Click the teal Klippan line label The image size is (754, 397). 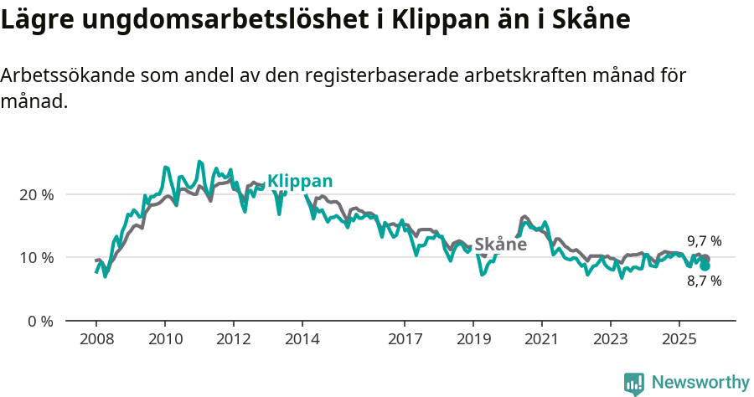pyautogui.click(x=300, y=181)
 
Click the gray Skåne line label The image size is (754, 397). pyautogui.click(x=500, y=245)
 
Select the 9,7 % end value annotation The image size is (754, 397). pyautogui.click(x=704, y=241)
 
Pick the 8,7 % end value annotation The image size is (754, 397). pyautogui.click(x=704, y=281)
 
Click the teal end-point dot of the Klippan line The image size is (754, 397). pyautogui.click(x=705, y=266)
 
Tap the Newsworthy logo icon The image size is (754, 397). pyautogui.click(x=634, y=383)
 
